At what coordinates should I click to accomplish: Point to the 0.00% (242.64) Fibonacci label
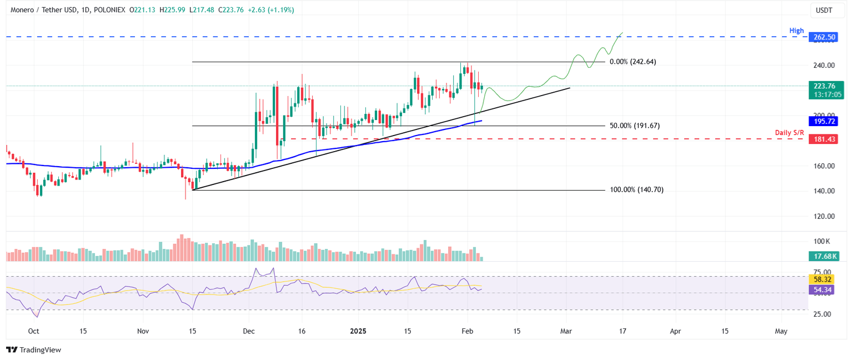click(633, 62)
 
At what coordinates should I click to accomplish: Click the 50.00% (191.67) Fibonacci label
click(634, 126)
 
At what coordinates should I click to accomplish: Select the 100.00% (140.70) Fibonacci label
click(636, 189)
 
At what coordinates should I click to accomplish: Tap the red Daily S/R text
click(789, 132)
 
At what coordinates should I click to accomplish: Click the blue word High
click(796, 31)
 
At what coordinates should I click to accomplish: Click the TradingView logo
click(34, 350)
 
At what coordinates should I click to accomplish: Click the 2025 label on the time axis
click(358, 331)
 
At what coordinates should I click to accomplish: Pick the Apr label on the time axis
click(675, 331)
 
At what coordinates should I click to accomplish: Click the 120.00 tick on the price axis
click(825, 216)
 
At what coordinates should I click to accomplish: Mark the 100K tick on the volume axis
click(822, 242)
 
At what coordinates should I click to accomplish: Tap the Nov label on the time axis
click(143, 331)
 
